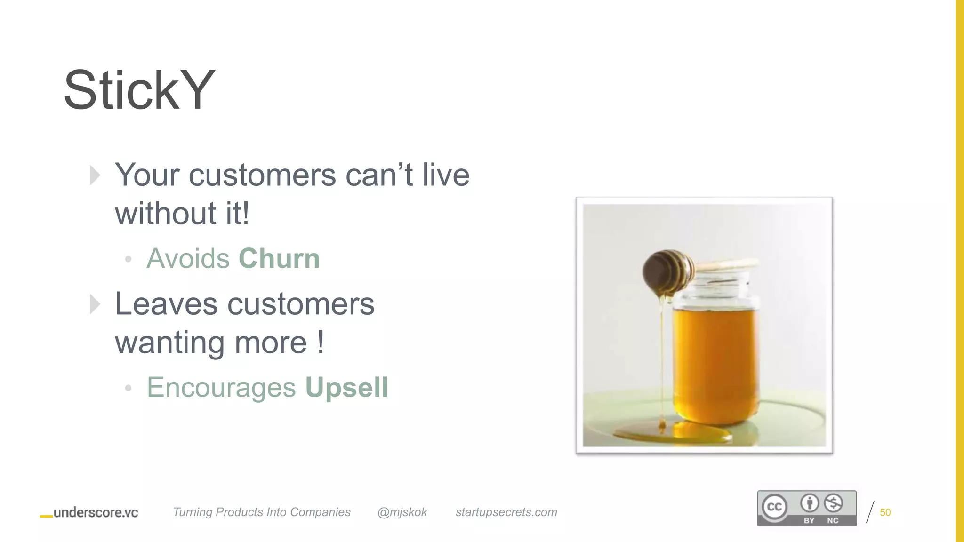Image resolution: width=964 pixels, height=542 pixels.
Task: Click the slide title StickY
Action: pos(139,90)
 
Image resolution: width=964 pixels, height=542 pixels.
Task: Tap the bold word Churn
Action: pos(279,258)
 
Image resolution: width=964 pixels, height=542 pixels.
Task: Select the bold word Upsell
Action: pos(346,387)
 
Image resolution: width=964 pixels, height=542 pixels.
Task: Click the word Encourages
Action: pos(221,387)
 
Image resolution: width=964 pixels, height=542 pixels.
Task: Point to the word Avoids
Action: pos(188,258)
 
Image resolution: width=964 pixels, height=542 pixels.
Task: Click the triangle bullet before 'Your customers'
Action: pos(95,175)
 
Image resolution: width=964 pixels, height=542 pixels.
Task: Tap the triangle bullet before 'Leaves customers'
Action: pos(95,304)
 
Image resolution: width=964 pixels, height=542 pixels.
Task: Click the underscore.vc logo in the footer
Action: pos(89,512)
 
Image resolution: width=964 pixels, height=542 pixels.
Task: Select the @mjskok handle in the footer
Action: pos(402,512)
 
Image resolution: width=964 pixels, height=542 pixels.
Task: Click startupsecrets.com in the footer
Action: pos(506,512)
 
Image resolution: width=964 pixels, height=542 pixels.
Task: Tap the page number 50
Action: pos(885,512)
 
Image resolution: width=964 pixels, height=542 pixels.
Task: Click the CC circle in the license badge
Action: pos(774,507)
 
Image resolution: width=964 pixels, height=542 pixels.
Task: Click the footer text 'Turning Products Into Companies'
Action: pos(261,512)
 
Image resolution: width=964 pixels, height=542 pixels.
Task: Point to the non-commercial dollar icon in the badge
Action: pos(833,503)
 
